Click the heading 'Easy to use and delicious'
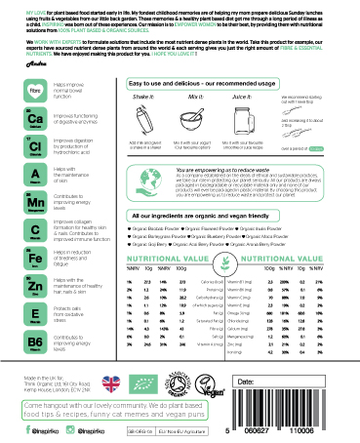tap(198, 86)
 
